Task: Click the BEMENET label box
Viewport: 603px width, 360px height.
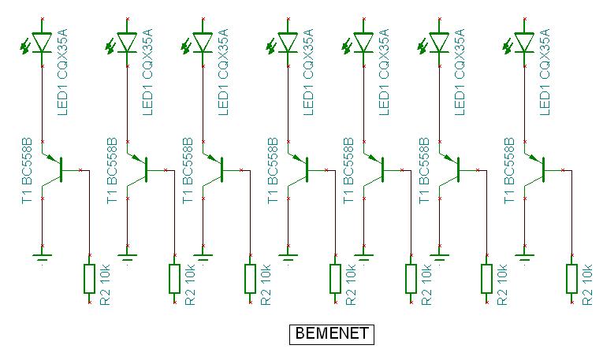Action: coord(330,335)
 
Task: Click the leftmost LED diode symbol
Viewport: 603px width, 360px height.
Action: coord(43,42)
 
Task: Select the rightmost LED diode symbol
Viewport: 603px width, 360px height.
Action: coord(523,42)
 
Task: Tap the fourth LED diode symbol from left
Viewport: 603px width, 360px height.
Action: coord(288,42)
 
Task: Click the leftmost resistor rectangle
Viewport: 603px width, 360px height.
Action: coord(89,279)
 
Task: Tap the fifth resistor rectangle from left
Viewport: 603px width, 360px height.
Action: coord(411,279)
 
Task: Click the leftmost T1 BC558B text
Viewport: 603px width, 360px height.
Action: coord(28,172)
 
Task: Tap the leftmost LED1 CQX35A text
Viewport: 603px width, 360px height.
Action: coord(65,72)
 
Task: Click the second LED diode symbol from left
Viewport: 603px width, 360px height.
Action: coord(127,42)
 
